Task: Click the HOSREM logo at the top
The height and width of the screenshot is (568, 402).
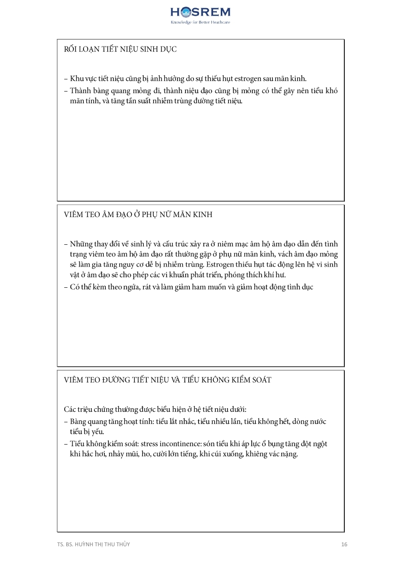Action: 200,12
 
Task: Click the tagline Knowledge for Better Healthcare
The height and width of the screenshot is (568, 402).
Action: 200,23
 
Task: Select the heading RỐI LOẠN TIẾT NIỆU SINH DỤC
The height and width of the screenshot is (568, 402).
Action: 120,49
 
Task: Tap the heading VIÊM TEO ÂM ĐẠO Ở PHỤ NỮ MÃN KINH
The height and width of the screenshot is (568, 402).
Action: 138,214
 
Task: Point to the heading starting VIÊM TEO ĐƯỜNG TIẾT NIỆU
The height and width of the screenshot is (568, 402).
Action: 168,380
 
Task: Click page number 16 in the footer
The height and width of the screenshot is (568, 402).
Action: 344,544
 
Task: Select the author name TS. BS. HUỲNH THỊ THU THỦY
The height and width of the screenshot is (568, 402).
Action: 97,544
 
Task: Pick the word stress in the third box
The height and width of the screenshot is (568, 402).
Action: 169,444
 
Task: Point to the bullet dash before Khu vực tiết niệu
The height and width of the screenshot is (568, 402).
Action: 66,78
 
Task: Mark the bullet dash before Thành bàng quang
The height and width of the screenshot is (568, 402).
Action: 66,91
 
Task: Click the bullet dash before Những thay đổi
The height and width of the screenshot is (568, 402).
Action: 66,243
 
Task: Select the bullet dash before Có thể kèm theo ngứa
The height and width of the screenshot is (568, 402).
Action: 66,287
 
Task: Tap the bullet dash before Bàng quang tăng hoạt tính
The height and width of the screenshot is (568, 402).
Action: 66,421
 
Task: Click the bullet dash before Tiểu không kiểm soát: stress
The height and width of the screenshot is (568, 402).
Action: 66,444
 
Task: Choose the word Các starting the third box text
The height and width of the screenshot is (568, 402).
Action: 69,409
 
